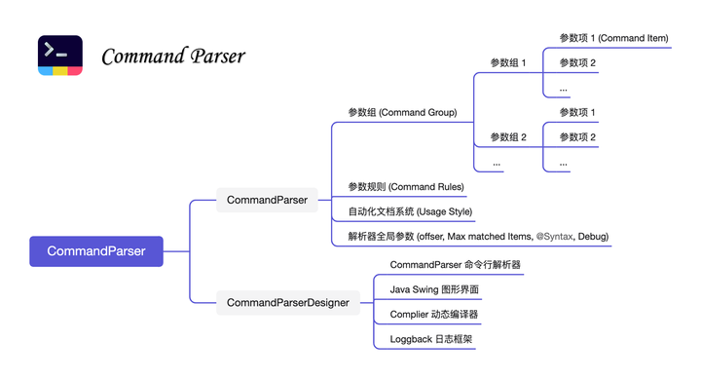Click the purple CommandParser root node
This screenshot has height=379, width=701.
pyautogui.click(x=96, y=251)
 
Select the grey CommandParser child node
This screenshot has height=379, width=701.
pyautogui.click(x=267, y=200)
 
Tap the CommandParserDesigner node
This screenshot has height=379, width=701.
pyautogui.click(x=288, y=303)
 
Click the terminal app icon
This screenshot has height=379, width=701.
pyautogui.click(x=60, y=56)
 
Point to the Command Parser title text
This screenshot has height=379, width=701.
pyautogui.click(x=173, y=57)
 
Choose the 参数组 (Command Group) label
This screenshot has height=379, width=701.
pyautogui.click(x=402, y=113)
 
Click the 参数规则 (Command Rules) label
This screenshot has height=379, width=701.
pyautogui.click(x=406, y=186)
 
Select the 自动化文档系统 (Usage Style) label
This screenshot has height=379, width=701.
pyautogui.click(x=410, y=211)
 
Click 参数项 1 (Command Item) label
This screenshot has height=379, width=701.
pyautogui.click(x=613, y=38)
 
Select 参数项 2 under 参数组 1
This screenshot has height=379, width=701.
pyautogui.click(x=577, y=63)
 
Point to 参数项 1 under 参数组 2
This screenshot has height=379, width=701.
pyautogui.click(x=577, y=113)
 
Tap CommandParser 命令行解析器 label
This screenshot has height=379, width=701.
pyautogui.click(x=455, y=265)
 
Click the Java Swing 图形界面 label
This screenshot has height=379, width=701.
pyautogui.click(x=434, y=289)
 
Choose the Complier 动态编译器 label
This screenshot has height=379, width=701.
pyautogui.click(x=433, y=315)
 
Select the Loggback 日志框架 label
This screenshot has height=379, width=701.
pyautogui.click(x=431, y=340)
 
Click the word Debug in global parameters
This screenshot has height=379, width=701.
pyautogui.click(x=592, y=237)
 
